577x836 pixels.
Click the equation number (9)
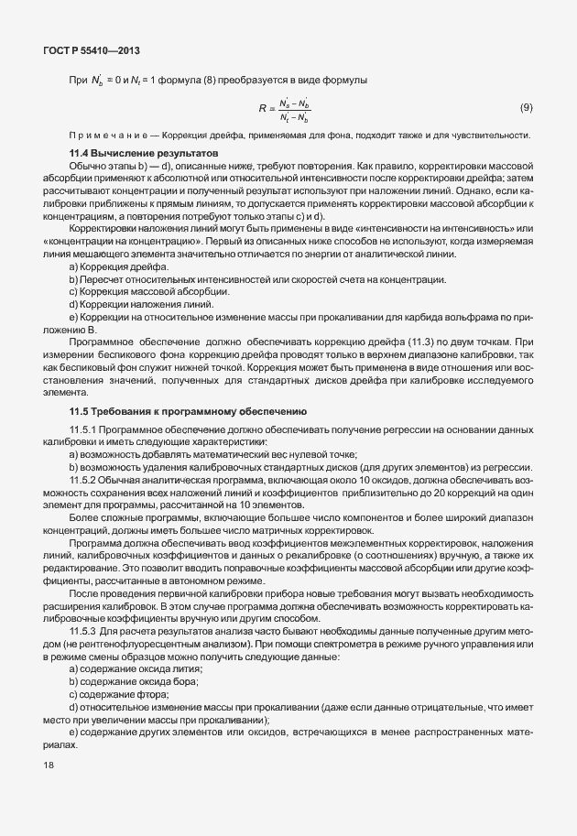click(527, 108)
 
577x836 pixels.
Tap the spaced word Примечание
click(103, 136)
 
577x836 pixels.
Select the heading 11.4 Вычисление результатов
click(144, 152)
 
